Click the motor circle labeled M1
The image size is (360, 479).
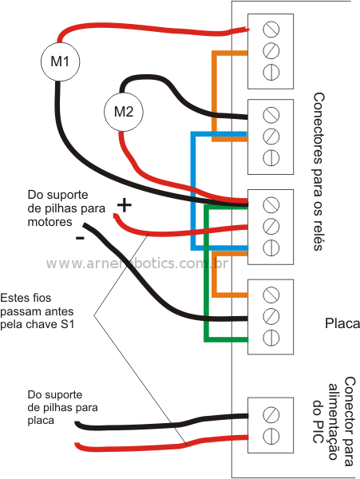tap(60, 61)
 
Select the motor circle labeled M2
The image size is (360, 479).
tap(124, 112)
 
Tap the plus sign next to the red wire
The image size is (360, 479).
tap(124, 205)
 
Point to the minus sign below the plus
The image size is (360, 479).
tap(80, 237)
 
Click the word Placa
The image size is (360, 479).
tap(342, 323)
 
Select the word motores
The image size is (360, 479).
tap(49, 222)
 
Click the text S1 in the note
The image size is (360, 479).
tap(68, 324)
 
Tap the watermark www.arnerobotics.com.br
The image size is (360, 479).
tap(137, 263)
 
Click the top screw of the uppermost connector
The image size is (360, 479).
tap(271, 29)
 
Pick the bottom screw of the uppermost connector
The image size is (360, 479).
tap(271, 73)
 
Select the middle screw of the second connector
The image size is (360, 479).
tap(271, 137)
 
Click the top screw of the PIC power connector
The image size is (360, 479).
tap(271, 414)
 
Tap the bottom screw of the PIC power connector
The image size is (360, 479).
tap(271, 436)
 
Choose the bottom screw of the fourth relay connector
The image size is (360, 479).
tap(271, 338)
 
